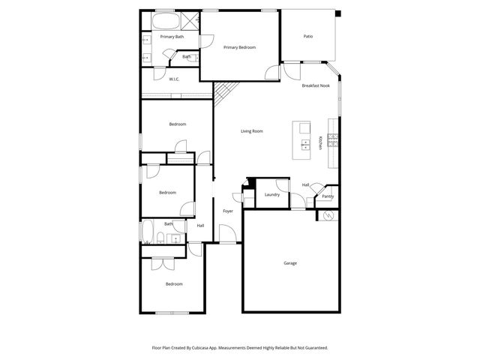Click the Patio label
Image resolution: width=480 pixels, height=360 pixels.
(307, 36)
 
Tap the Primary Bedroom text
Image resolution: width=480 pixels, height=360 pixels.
(239, 47)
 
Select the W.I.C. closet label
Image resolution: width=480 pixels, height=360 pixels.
(173, 79)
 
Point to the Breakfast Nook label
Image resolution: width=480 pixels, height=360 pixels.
(316, 86)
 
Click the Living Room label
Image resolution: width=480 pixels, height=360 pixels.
(251, 131)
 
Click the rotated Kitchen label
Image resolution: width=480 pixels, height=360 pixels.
(321, 142)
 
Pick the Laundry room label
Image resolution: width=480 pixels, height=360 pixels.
(271, 195)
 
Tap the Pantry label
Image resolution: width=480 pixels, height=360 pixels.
(328, 196)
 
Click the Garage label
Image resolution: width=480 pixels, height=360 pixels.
(290, 263)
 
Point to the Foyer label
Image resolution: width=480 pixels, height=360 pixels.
(227, 211)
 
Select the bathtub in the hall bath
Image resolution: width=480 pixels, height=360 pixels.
(148, 231)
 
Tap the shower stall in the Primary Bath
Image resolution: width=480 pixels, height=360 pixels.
(190, 20)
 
